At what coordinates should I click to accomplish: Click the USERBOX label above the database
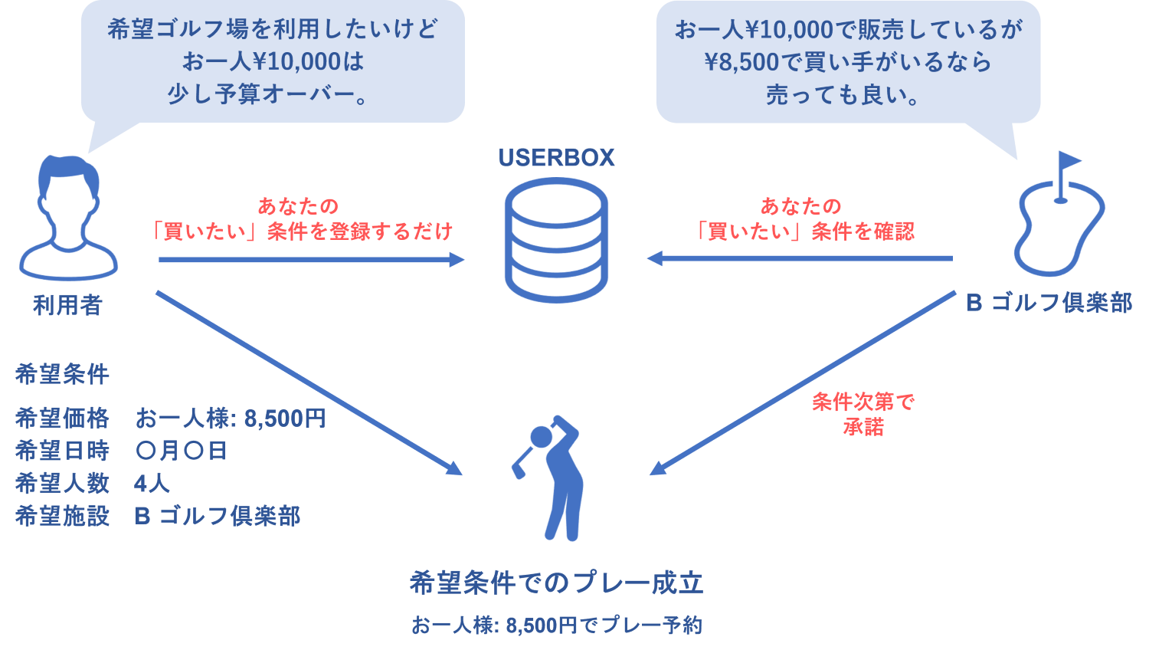556,158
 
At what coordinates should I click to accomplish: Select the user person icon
68,218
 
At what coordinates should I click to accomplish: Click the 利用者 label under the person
67,306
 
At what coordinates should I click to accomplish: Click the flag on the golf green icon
1069,162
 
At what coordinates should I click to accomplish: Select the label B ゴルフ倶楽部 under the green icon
1049,304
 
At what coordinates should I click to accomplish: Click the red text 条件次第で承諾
863,414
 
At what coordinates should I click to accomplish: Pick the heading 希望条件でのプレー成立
556,583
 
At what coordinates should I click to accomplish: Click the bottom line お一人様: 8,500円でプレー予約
556,625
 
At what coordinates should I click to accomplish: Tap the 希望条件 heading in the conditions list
62,375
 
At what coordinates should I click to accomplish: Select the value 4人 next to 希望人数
152,484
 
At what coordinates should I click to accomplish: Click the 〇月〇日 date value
181,451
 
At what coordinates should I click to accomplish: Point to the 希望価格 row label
62,419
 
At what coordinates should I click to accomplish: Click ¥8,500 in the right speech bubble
741,63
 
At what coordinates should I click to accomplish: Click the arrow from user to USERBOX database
310,260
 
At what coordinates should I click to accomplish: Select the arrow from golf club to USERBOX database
800,258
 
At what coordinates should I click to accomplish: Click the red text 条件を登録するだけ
360,231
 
